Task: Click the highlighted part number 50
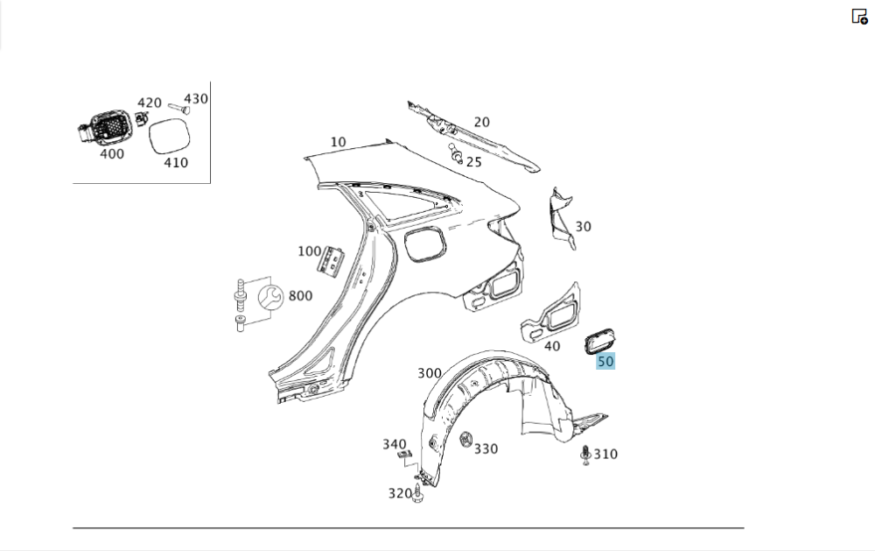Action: [605, 361]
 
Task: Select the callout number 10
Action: [338, 142]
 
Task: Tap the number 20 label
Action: [481, 123]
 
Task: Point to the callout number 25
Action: [473, 162]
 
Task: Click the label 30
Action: [583, 226]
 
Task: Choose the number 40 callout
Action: [551, 346]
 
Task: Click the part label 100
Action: [309, 251]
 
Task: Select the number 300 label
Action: [429, 373]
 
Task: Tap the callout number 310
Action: [605, 454]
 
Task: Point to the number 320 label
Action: [400, 493]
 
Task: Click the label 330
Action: [486, 449]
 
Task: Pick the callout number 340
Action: [394, 444]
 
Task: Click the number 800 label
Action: [300, 296]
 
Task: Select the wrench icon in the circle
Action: [271, 297]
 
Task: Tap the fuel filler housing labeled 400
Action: [106, 128]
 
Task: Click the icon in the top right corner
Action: [859, 16]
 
